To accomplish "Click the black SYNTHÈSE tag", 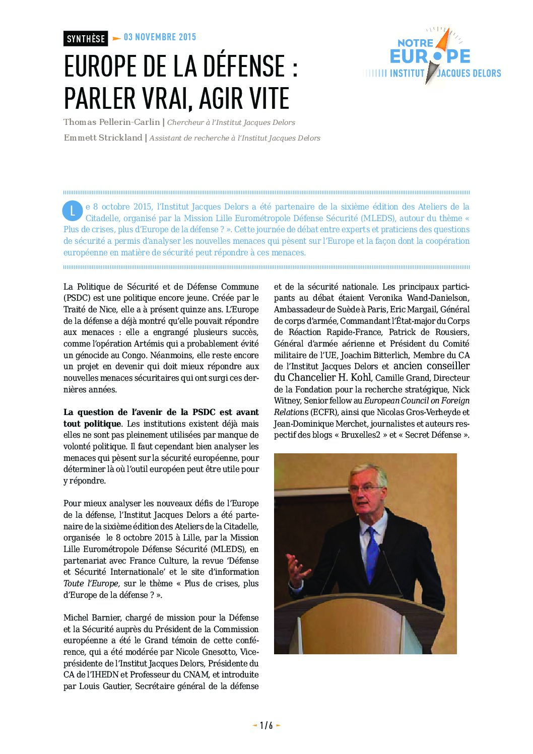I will pyautogui.click(x=86, y=38).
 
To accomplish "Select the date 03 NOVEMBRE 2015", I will pyautogui.click(x=160, y=37).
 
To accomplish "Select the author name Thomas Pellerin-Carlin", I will pyautogui.click(x=111, y=122).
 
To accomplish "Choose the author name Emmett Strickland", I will pyautogui.click(x=103, y=138).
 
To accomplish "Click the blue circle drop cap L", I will pyautogui.click(x=72, y=211).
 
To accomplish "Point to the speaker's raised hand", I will pyautogui.click(x=298, y=569).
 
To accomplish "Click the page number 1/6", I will pyautogui.click(x=266, y=725).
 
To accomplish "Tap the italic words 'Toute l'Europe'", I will pyautogui.click(x=91, y=583).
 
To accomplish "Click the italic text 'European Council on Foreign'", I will pyautogui.click(x=417, y=400).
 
